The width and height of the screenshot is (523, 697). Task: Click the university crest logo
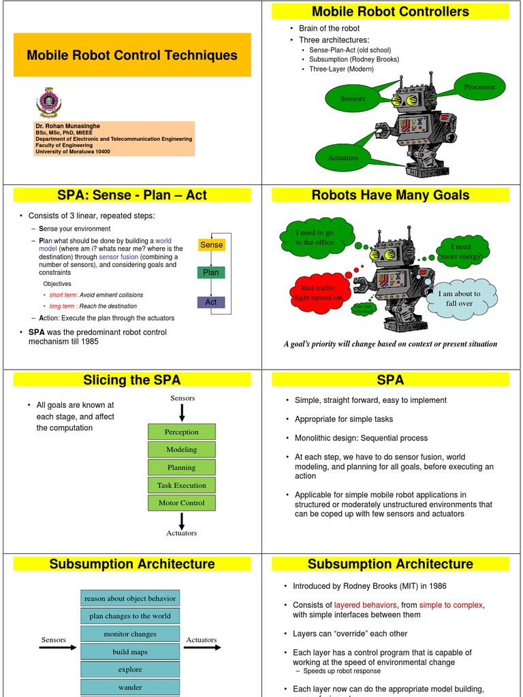48,102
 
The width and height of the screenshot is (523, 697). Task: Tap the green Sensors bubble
353,99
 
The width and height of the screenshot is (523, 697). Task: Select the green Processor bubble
479,87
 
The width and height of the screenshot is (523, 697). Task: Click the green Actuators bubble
343,158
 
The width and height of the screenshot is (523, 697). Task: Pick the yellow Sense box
211,244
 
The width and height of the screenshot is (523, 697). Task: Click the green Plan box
211,272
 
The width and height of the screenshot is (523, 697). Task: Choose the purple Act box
211,302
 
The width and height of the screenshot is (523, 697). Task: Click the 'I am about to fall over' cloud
460,299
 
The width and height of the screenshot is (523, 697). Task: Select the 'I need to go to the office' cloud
314,238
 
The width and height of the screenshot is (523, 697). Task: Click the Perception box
181,432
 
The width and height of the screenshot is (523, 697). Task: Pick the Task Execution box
181,485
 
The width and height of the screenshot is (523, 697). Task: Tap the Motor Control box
181,503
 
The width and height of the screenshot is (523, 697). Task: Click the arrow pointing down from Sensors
182,412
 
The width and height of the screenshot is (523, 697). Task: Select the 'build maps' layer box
130,651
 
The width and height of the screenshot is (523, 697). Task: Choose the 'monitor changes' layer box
130,634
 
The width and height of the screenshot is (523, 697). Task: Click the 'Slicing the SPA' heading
132,380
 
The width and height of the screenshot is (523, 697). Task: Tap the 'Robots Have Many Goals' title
390,195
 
